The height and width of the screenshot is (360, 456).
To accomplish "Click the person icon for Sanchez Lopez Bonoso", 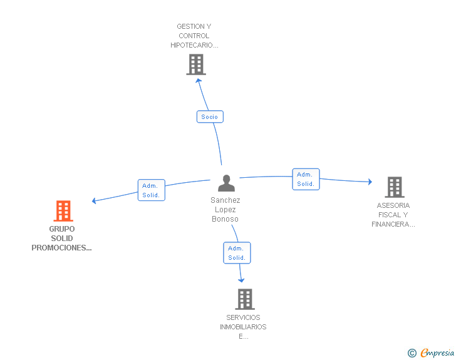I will [226, 183].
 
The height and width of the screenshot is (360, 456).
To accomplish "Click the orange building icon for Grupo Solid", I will [63, 211].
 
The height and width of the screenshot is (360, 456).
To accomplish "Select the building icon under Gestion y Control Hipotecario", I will [196, 64].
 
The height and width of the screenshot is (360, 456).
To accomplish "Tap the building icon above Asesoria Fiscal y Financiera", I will [394, 187].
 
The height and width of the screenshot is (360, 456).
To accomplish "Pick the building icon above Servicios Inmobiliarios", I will [245, 299].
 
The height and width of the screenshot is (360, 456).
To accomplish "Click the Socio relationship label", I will [210, 116].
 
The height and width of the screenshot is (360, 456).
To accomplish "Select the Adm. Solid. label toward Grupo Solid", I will [151, 190].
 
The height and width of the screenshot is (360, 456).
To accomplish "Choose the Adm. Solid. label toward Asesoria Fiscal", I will [306, 179].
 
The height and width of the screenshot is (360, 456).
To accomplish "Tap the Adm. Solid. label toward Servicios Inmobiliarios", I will [237, 253].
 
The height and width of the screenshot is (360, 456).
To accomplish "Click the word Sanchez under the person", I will [225, 200].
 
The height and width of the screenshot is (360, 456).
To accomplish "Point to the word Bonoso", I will [225, 219].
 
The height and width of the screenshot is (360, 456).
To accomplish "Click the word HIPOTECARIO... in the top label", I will [194, 45].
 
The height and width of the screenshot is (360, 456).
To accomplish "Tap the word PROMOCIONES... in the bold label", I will [62, 248].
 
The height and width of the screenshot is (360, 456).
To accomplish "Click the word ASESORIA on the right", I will [393, 205].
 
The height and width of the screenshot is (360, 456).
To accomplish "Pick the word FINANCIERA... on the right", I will [393, 224].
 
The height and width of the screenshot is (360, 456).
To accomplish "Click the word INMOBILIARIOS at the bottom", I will [243, 327].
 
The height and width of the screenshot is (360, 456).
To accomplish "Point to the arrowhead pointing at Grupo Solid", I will [94, 201].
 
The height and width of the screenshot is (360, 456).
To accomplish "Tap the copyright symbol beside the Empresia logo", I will [412, 353].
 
